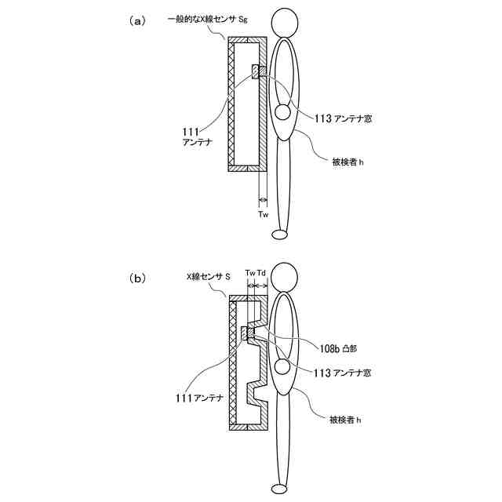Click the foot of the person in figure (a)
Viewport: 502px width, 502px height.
point(281,234)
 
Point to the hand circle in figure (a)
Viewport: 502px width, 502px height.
point(282,113)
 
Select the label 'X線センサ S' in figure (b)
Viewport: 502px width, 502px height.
point(208,277)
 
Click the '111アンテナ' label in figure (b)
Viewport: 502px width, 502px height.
point(199,398)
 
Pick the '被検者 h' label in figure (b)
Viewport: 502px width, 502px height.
point(347,420)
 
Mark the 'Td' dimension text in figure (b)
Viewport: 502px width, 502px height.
point(262,272)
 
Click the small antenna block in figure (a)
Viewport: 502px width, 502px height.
point(256,72)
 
